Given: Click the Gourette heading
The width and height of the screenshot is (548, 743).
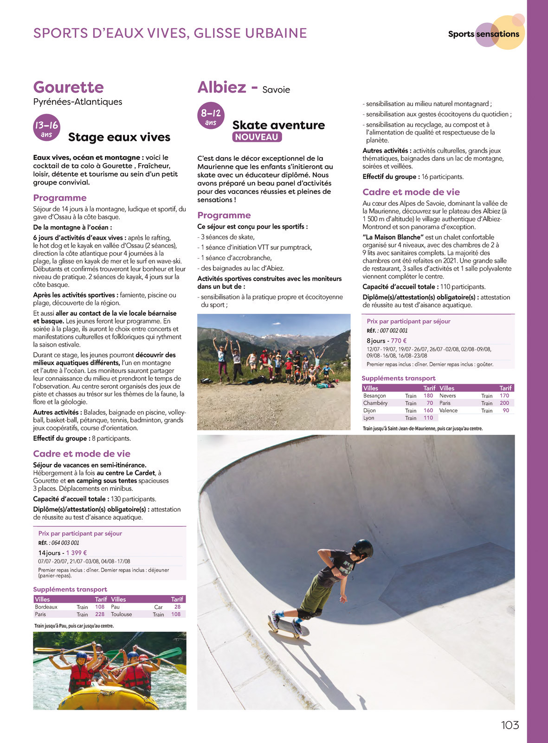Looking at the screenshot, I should click(x=69, y=87).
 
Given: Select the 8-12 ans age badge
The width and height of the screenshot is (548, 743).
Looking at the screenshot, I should click(x=211, y=115).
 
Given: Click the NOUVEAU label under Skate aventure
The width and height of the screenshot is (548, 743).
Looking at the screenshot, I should click(x=257, y=137).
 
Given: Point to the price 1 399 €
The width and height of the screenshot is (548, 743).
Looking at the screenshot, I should click(x=77, y=552).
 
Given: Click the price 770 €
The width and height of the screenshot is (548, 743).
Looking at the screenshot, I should click(x=399, y=340).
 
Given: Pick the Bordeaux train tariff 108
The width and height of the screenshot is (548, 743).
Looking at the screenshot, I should click(x=100, y=607).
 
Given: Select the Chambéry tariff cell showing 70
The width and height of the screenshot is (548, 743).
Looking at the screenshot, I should click(x=430, y=403).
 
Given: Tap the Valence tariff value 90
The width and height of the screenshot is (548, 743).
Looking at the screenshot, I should click(x=506, y=411).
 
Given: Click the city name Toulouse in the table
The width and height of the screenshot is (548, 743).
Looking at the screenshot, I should click(x=121, y=614).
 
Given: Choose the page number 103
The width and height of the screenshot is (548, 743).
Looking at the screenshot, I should click(x=509, y=725).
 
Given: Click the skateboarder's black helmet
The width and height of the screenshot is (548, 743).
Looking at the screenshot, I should click(x=362, y=549).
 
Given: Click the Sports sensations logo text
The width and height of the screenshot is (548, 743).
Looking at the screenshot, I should click(x=484, y=34).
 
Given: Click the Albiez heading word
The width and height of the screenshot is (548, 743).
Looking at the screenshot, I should click(x=221, y=87).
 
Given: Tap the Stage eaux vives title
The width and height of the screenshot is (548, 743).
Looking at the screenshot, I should click(x=119, y=137).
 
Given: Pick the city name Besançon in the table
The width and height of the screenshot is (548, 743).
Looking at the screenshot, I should click(x=374, y=396).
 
